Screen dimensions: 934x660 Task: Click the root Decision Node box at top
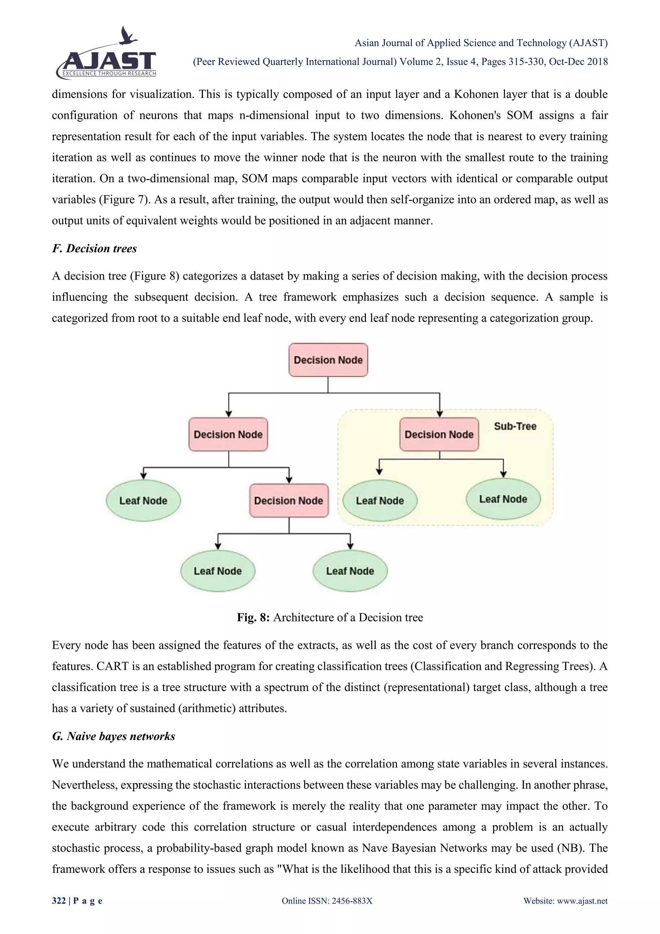(328, 360)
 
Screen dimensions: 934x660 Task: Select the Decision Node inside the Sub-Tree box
(439, 434)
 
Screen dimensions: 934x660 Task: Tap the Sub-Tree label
(515, 426)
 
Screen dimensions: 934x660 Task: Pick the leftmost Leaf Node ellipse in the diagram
(143, 501)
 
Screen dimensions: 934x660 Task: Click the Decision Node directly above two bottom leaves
(288, 501)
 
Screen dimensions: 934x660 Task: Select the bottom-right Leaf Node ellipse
(350, 571)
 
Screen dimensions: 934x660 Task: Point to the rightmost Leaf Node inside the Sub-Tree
(503, 499)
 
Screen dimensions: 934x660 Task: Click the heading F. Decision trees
(94, 249)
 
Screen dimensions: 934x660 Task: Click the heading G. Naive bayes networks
(113, 736)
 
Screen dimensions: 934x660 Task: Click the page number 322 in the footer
(59, 901)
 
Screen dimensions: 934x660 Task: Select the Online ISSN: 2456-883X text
(327, 901)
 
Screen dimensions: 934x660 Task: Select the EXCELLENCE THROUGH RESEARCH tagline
(109, 74)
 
